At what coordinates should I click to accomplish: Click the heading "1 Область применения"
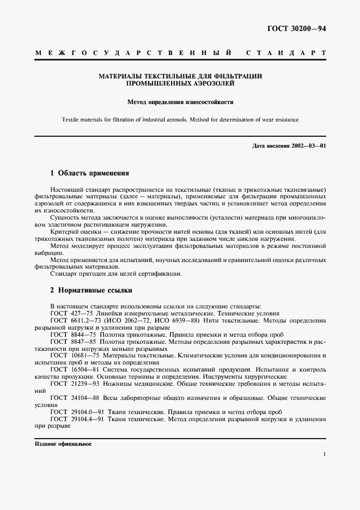click(x=89, y=173)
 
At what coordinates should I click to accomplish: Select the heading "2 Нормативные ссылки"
click(x=91, y=290)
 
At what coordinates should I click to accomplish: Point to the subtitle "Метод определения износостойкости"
click(x=180, y=101)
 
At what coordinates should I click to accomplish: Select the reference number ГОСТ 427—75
click(x=72, y=314)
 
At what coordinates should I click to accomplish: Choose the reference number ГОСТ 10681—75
click(x=75, y=355)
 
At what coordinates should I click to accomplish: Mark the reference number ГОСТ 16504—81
click(x=75, y=369)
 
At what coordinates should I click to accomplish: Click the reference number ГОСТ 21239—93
click(x=75, y=384)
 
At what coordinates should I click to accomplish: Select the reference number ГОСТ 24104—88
click(x=75, y=398)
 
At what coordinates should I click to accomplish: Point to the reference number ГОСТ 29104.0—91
click(x=77, y=411)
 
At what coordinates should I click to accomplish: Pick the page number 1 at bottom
click(x=324, y=453)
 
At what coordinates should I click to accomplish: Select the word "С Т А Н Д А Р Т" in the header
click(x=286, y=53)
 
